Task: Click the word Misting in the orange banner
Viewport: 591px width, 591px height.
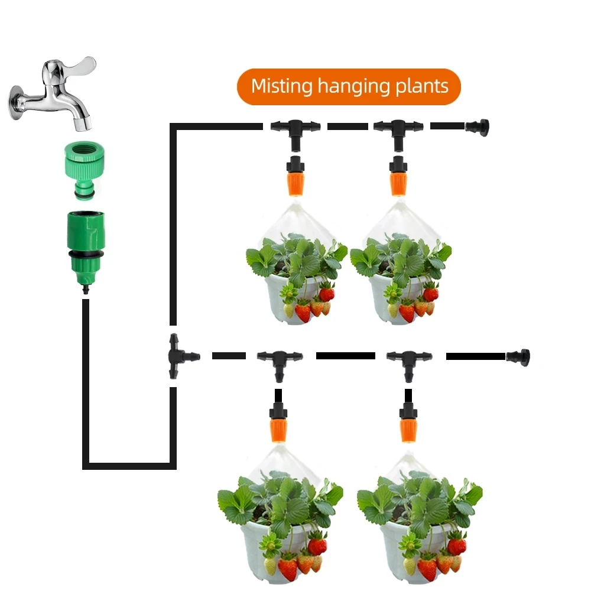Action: coord(281,86)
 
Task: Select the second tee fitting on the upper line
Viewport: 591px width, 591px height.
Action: coord(398,128)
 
